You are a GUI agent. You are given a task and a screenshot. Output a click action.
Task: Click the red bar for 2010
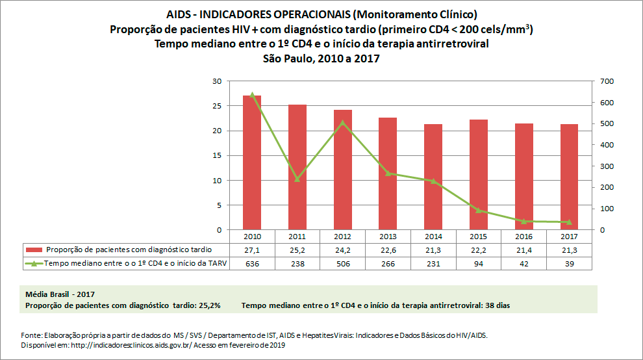click(x=252, y=162)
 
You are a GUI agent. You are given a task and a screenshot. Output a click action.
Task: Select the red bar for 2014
click(x=433, y=177)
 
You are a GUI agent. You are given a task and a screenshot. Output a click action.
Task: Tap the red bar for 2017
click(x=569, y=177)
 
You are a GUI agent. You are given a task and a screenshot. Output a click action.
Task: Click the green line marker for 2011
click(x=297, y=179)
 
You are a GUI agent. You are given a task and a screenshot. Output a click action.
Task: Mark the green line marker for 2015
click(x=479, y=210)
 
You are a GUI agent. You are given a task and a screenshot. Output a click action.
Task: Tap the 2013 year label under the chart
click(x=388, y=237)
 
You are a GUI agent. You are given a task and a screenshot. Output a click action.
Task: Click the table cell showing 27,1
click(x=252, y=250)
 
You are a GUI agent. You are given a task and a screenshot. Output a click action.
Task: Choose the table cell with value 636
click(x=252, y=263)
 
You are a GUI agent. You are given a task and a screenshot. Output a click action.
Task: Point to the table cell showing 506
click(x=343, y=263)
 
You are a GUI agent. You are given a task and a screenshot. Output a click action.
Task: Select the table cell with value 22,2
click(x=479, y=250)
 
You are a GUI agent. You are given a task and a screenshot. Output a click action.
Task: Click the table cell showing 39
click(x=569, y=263)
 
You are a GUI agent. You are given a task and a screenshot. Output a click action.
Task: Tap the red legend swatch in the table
click(x=34, y=250)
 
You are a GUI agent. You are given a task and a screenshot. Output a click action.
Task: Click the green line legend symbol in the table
click(x=34, y=263)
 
